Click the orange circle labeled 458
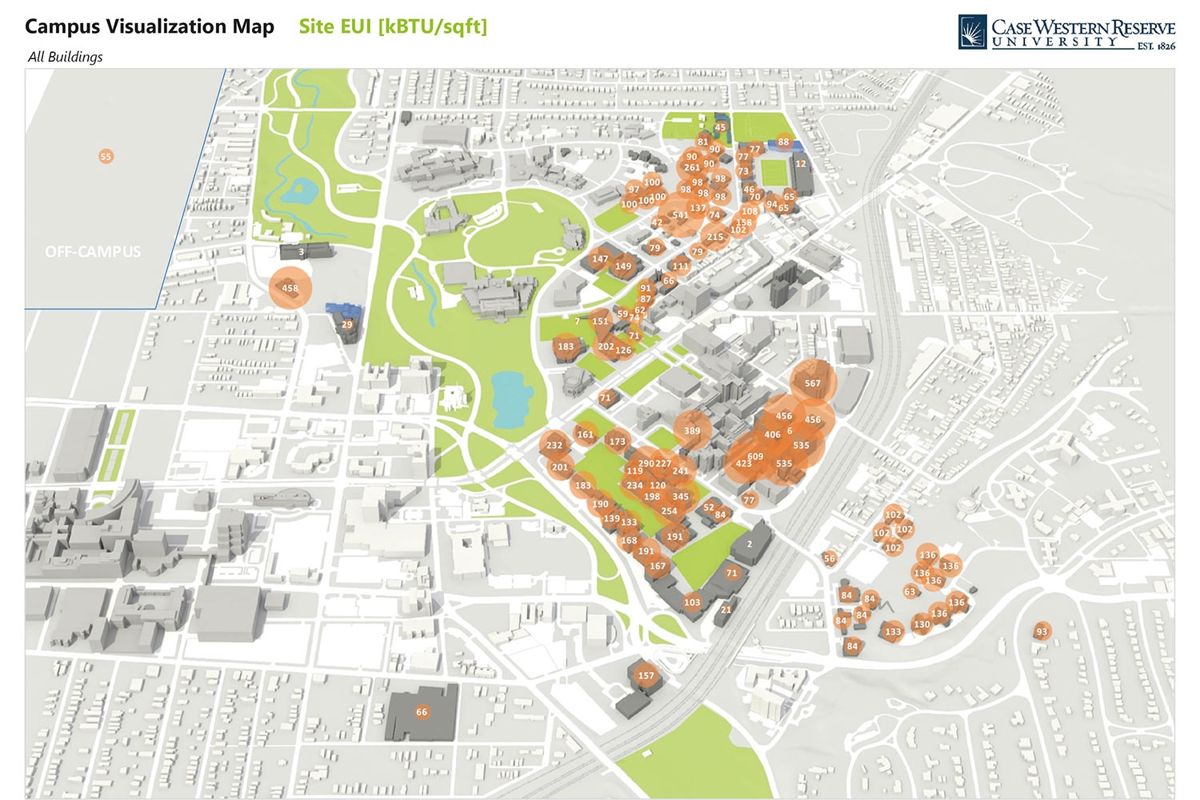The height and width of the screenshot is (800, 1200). (x=290, y=288)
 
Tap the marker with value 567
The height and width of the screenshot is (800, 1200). (x=813, y=383)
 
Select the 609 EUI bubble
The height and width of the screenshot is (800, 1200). (x=755, y=457)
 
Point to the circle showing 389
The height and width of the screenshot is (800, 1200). (x=692, y=430)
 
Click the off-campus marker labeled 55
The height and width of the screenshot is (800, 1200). (x=106, y=156)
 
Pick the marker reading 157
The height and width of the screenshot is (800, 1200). (x=646, y=675)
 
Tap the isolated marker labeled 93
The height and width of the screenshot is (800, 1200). (x=1042, y=631)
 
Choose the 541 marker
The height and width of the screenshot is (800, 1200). (x=680, y=214)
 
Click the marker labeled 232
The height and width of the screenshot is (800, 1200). (x=554, y=445)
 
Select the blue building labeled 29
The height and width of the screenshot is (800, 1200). (x=346, y=324)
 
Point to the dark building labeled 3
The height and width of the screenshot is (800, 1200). (x=302, y=251)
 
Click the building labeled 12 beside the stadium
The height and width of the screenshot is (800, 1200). (x=801, y=164)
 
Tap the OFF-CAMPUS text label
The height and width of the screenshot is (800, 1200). (x=93, y=251)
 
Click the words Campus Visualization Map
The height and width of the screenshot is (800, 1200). (x=150, y=26)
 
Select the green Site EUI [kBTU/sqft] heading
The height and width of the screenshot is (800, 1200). (x=393, y=26)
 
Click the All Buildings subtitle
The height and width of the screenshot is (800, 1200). (x=65, y=57)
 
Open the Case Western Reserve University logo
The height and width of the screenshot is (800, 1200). (x=1066, y=33)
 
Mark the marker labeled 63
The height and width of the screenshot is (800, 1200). (x=910, y=591)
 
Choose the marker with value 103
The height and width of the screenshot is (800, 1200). (x=692, y=602)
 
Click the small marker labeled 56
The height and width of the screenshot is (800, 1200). (x=829, y=558)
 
